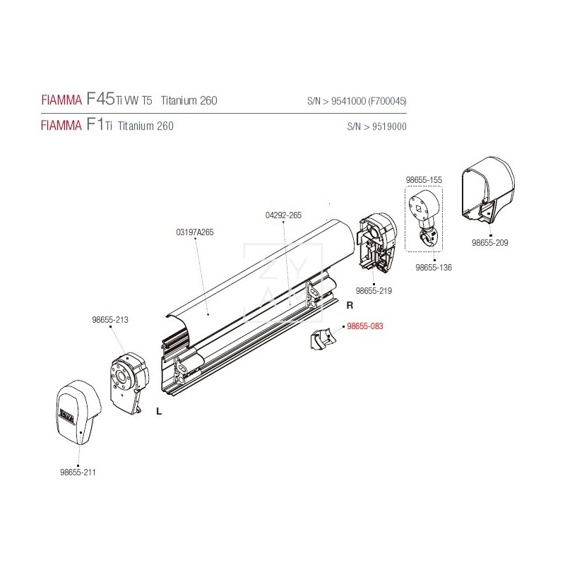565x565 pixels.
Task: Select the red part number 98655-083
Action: (364, 327)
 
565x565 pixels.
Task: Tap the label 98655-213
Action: (109, 319)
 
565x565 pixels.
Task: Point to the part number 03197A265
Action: (194, 232)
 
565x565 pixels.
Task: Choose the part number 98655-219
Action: (374, 290)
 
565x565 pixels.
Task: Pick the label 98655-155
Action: (424, 180)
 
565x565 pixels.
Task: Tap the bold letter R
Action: (349, 305)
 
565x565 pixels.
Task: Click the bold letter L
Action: (159, 412)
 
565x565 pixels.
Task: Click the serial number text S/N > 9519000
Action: (376, 127)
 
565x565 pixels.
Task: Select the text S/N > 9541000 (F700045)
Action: (357, 101)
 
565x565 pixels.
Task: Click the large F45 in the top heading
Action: (99, 100)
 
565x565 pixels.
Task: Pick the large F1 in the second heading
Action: (95, 126)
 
